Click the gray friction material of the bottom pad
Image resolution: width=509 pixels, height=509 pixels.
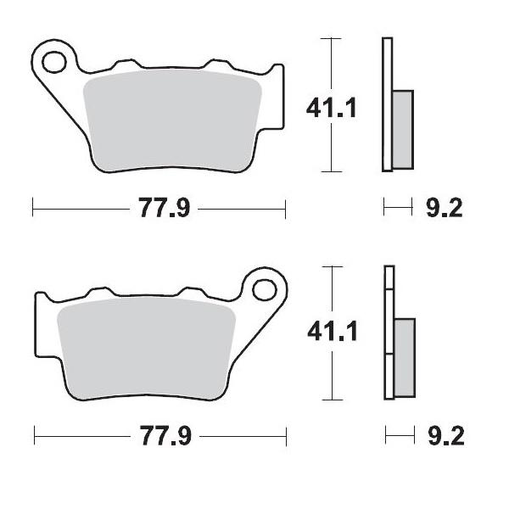coord(144,348)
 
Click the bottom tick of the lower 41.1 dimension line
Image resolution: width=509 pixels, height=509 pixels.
coord(331,397)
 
